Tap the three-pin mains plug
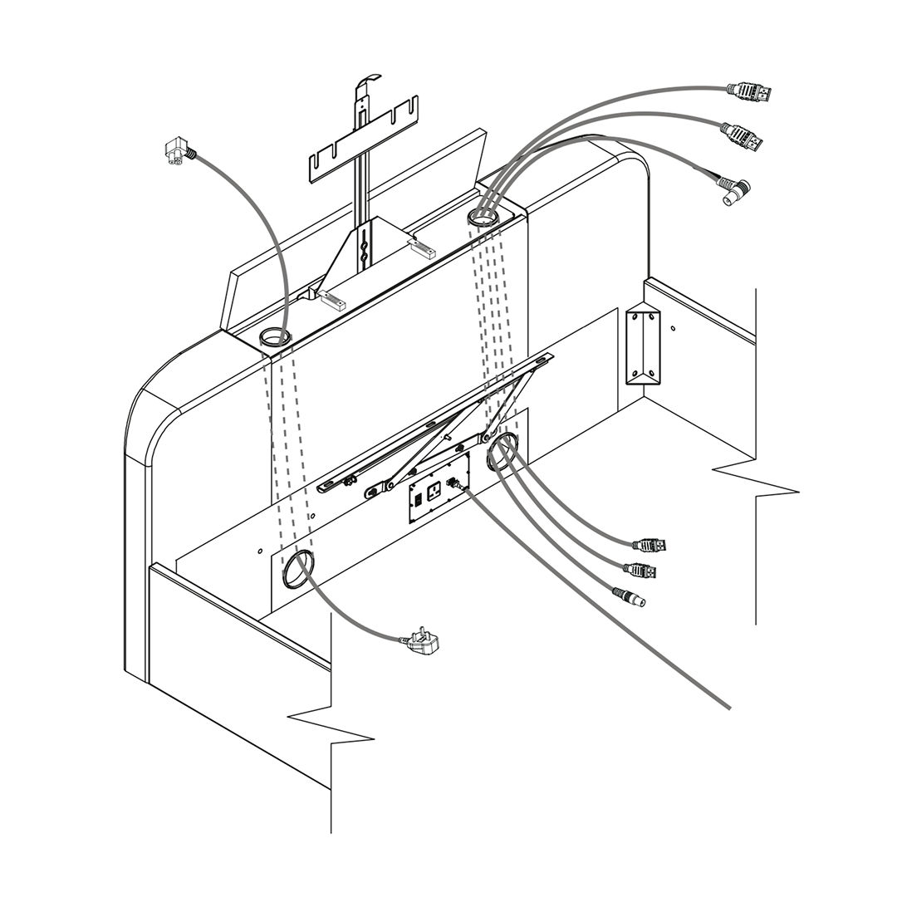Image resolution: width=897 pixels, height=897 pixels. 423,642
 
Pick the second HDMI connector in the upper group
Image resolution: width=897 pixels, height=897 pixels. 743,137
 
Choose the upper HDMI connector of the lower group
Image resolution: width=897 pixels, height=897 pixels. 649,546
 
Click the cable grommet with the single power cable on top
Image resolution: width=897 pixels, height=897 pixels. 274,336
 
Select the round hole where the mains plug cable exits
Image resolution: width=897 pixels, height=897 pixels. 298,570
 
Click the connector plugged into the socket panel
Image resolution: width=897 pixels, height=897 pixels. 456,483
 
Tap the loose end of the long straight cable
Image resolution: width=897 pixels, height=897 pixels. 729,708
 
